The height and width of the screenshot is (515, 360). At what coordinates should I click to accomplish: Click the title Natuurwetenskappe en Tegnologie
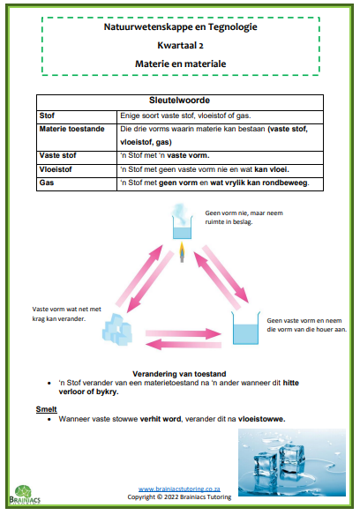(x=181, y=27)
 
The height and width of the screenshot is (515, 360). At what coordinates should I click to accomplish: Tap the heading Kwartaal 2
(x=181, y=45)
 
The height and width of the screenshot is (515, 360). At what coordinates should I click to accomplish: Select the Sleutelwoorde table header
(x=179, y=101)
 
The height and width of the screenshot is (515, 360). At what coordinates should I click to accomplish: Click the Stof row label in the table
(x=47, y=116)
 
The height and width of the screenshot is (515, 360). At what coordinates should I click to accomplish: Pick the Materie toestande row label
(x=72, y=129)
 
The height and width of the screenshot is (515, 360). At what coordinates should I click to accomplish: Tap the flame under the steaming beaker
(x=182, y=252)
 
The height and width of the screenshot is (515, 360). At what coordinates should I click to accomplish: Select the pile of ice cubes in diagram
(x=117, y=330)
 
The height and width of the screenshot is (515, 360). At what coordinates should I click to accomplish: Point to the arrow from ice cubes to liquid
(x=184, y=333)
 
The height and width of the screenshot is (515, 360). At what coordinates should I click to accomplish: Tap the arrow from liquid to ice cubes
(x=184, y=345)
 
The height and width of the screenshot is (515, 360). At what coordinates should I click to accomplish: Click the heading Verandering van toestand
(x=179, y=374)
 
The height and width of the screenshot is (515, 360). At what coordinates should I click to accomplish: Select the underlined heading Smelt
(x=47, y=409)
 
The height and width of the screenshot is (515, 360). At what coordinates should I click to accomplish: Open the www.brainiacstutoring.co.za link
(x=179, y=489)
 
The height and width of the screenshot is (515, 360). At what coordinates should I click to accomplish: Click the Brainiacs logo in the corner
(x=25, y=495)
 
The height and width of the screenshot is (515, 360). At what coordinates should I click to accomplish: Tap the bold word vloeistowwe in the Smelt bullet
(x=262, y=419)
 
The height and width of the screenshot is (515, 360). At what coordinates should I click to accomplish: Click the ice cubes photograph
(x=292, y=462)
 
